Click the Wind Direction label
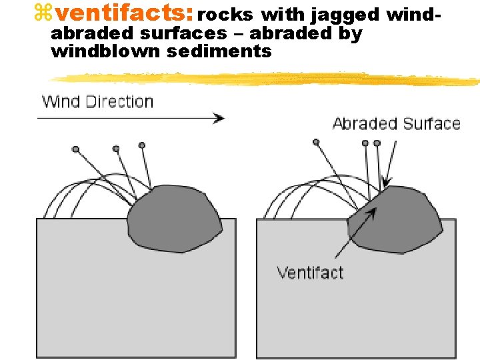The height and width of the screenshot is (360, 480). click(97, 102)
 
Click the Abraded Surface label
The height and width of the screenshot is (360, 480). click(396, 124)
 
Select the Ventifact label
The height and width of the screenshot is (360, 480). click(310, 273)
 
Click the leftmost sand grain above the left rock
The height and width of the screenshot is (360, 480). click(76, 149)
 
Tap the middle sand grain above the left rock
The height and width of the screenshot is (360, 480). click(116, 148)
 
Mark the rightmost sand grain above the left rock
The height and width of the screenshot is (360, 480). click(141, 145)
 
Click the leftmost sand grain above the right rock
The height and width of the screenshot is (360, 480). click(316, 142)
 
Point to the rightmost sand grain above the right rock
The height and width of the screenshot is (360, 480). click(377, 143)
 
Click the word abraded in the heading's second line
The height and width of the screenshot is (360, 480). click(88, 34)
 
